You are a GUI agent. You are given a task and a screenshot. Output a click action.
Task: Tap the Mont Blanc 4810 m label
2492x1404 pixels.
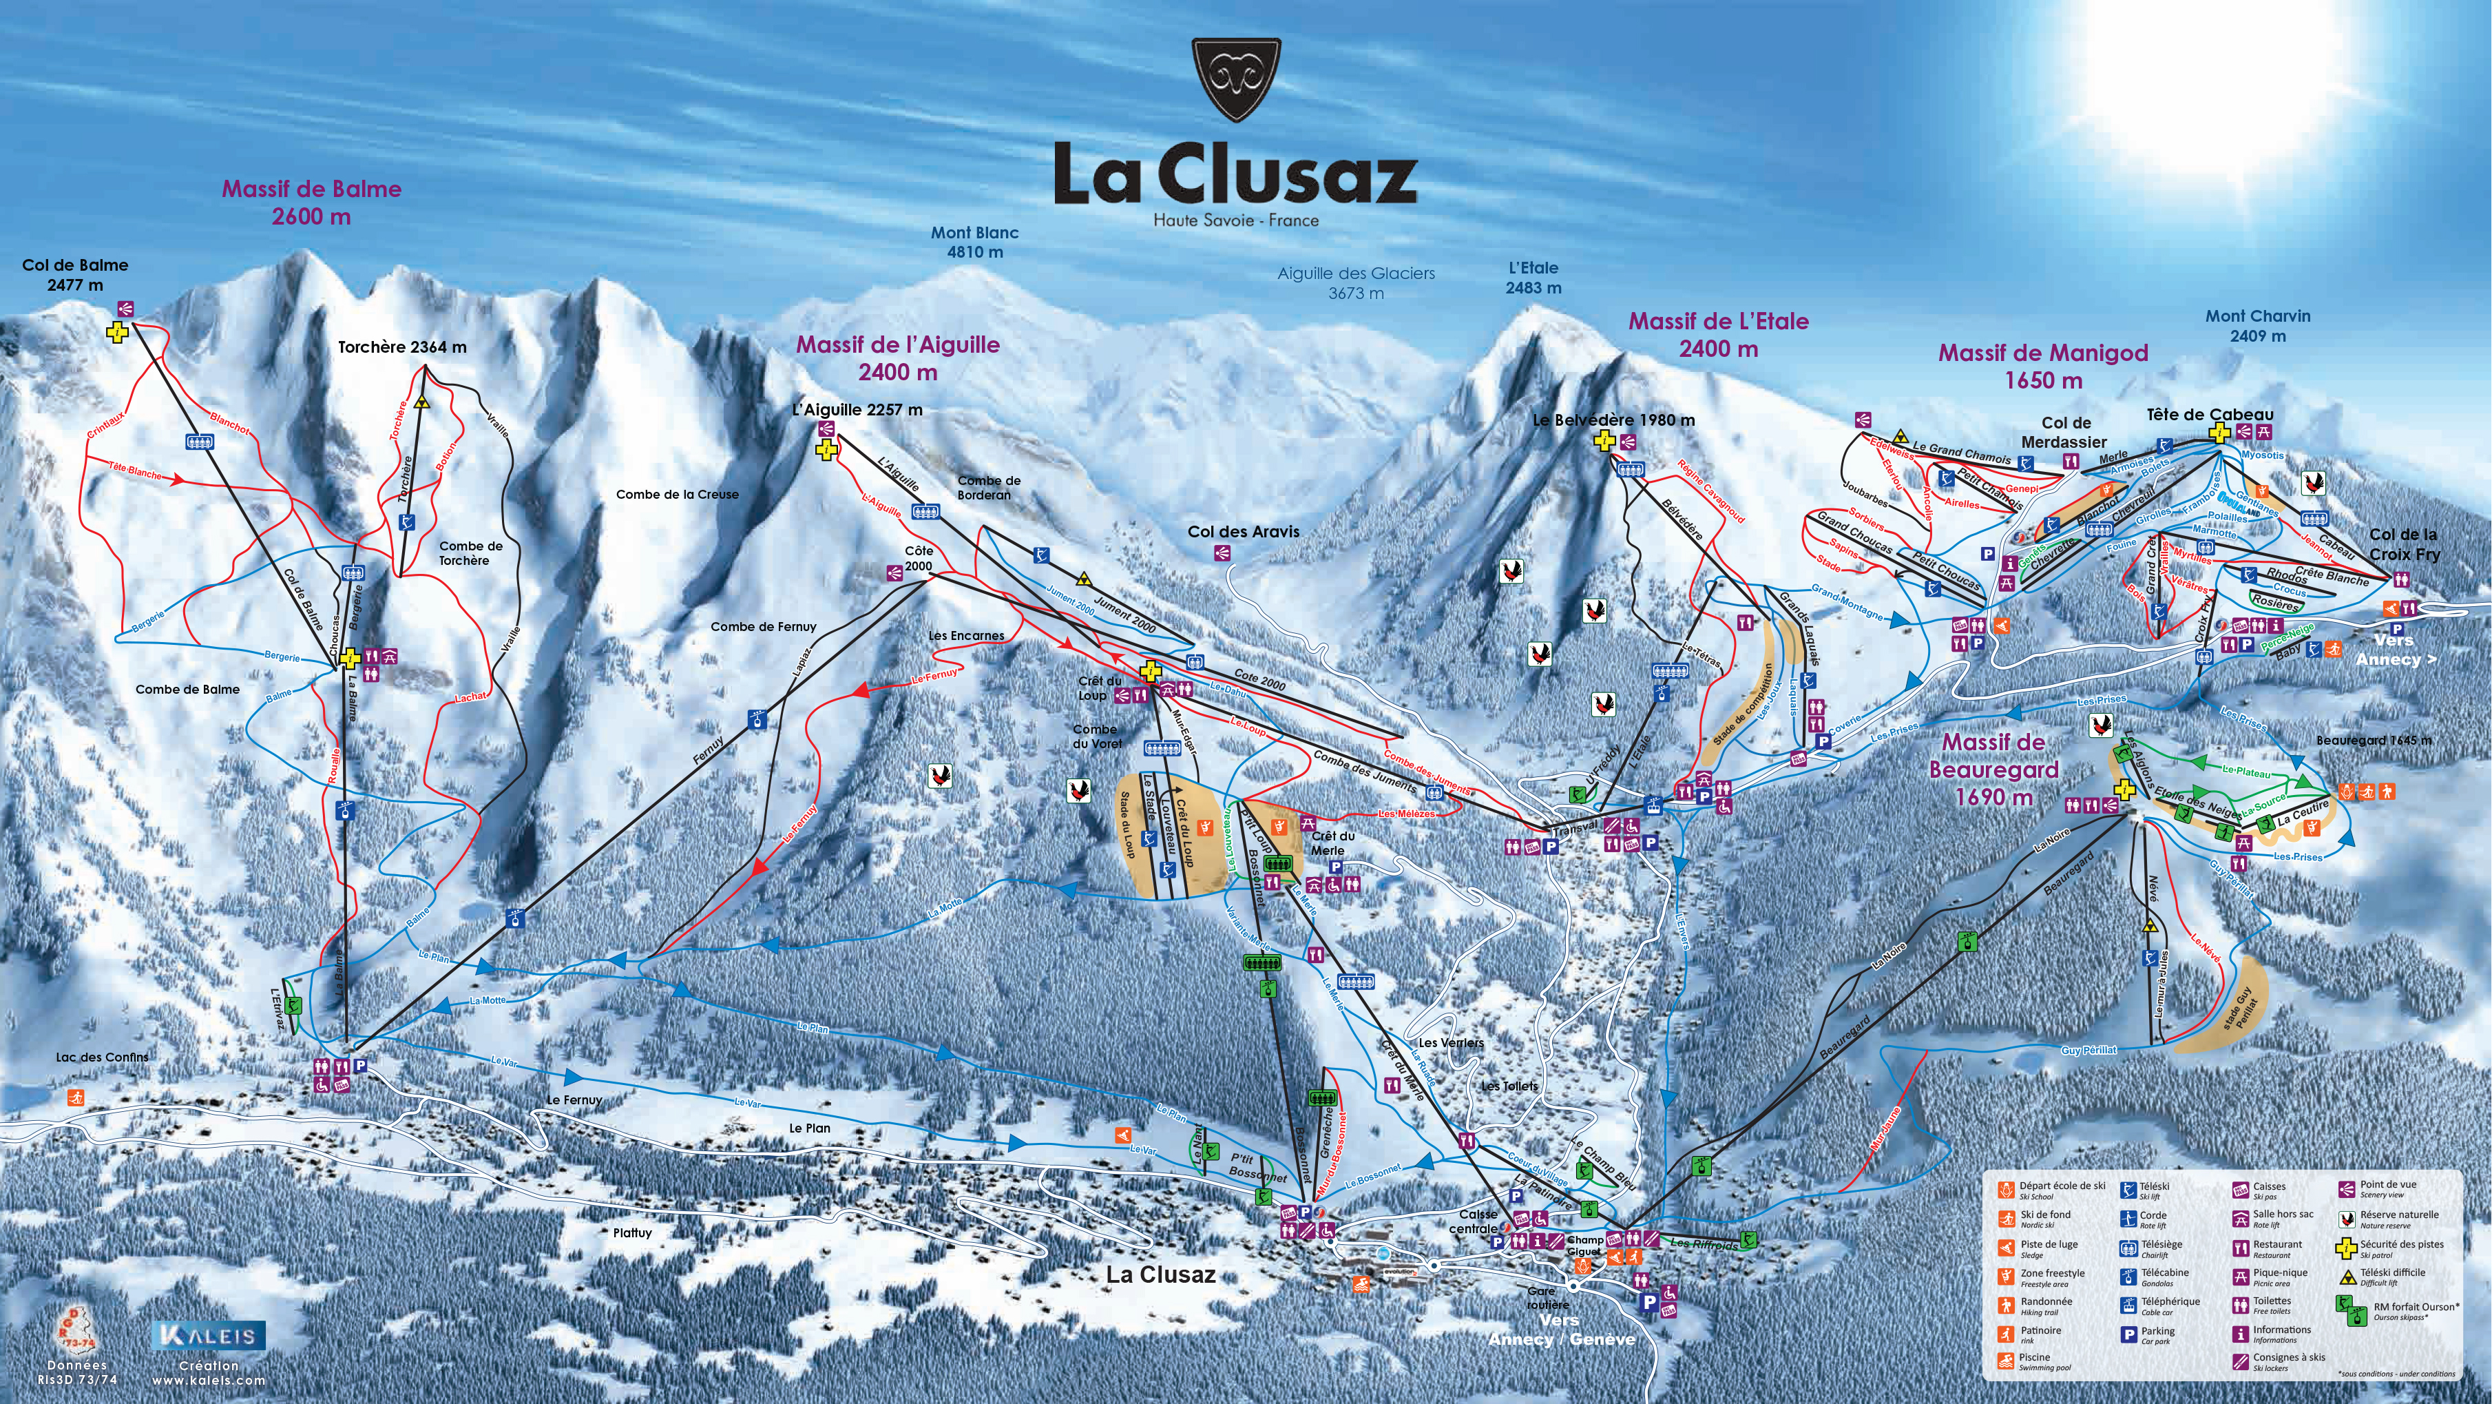pos(974,242)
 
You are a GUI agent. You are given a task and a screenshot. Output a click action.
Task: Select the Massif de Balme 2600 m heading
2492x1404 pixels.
pos(311,203)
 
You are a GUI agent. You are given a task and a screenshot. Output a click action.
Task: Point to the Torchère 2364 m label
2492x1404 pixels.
pos(401,347)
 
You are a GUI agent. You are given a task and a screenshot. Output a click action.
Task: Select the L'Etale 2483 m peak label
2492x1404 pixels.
pos(1533,278)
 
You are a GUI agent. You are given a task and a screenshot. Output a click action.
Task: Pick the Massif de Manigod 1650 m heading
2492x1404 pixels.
pos(2043,366)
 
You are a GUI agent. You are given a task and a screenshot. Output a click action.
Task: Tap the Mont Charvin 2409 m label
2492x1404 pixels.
pos(2258,325)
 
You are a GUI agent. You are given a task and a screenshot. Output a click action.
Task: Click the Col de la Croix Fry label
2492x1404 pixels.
pos(2404,544)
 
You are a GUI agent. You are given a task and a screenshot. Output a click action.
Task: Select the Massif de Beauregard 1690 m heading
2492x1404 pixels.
pos(1993,770)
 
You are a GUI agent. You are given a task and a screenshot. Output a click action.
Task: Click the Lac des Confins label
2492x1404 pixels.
pos(103,1057)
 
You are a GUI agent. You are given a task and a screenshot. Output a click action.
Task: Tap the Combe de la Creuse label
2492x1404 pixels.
pos(677,495)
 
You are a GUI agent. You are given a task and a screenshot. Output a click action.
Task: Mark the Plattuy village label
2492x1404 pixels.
pos(633,1232)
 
